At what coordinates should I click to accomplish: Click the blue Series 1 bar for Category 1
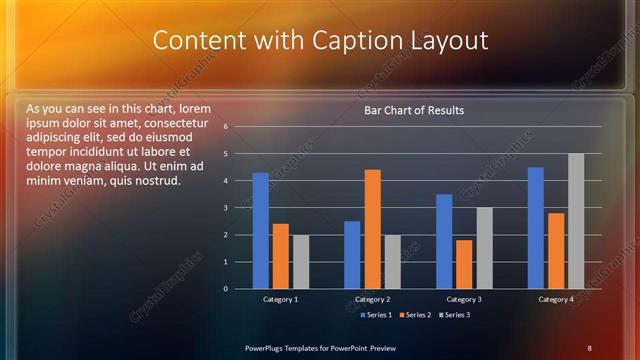tap(260, 231)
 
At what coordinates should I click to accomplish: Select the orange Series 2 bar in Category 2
tap(372, 229)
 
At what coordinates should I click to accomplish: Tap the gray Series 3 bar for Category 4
tap(576, 221)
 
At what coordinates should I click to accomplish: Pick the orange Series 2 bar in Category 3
tap(464, 264)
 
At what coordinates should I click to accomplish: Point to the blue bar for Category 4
tap(536, 228)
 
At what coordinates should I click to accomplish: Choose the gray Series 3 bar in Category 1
tap(300, 262)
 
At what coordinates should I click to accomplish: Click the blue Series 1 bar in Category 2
tap(352, 255)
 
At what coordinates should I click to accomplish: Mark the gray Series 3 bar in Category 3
tap(484, 248)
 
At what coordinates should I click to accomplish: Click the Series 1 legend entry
tap(375, 315)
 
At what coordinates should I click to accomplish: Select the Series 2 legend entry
tap(414, 315)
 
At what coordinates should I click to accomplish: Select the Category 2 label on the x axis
tap(372, 300)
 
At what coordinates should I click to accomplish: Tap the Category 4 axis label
tap(556, 300)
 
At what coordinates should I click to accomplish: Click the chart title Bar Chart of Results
tap(414, 110)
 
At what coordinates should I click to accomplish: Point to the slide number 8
tap(590, 347)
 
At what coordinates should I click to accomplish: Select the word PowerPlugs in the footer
tap(267, 347)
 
